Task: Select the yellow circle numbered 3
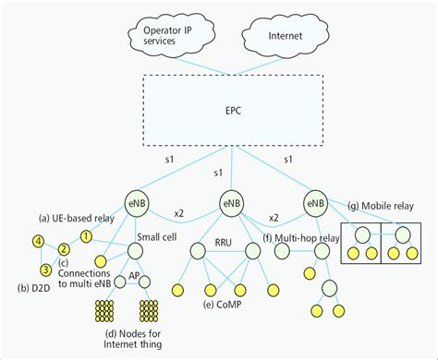click(43, 270)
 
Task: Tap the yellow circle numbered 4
click(38, 242)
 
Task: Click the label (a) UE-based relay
click(77, 218)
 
